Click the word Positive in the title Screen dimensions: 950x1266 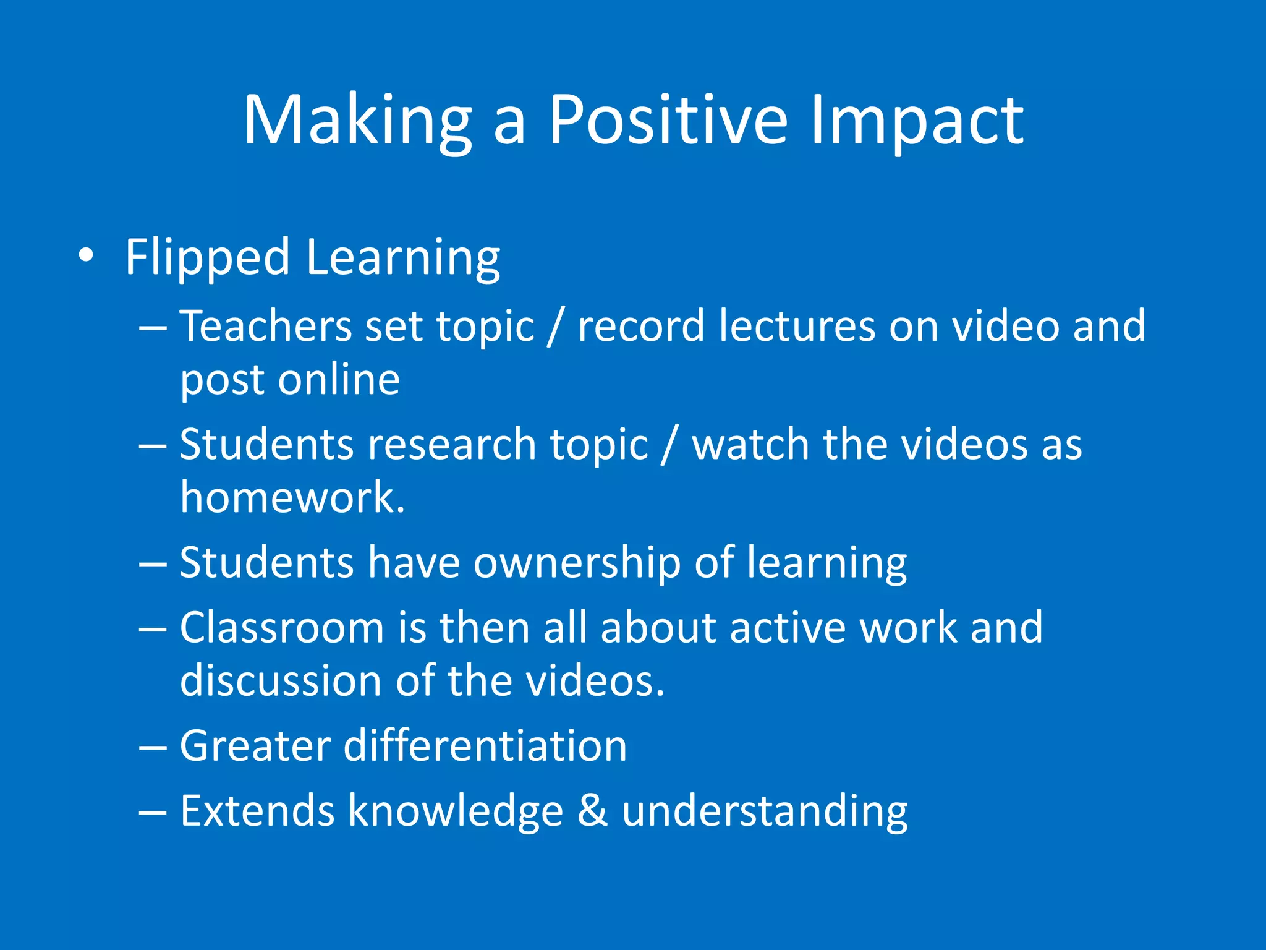click(668, 121)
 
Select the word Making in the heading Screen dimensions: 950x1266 click(357, 121)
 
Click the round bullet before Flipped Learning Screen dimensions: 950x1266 click(87, 255)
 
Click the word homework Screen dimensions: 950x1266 click(292, 497)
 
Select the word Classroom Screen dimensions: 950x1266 click(282, 628)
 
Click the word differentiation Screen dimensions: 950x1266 click(485, 745)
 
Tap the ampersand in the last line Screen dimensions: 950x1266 click(592, 810)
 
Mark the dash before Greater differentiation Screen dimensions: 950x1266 click(153, 747)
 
